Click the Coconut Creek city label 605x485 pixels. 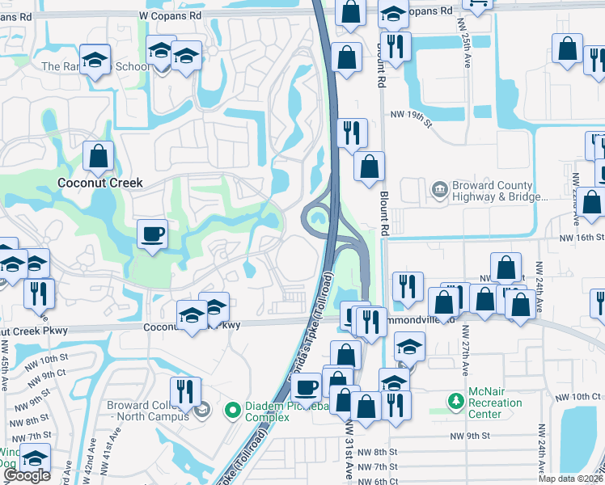(100, 183)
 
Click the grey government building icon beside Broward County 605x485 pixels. (439, 189)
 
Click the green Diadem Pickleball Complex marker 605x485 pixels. (233, 411)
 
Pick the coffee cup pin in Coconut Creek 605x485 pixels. (152, 235)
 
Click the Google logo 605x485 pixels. (27, 475)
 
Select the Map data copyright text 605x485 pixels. (570, 479)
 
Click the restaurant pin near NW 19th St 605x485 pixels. (352, 132)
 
